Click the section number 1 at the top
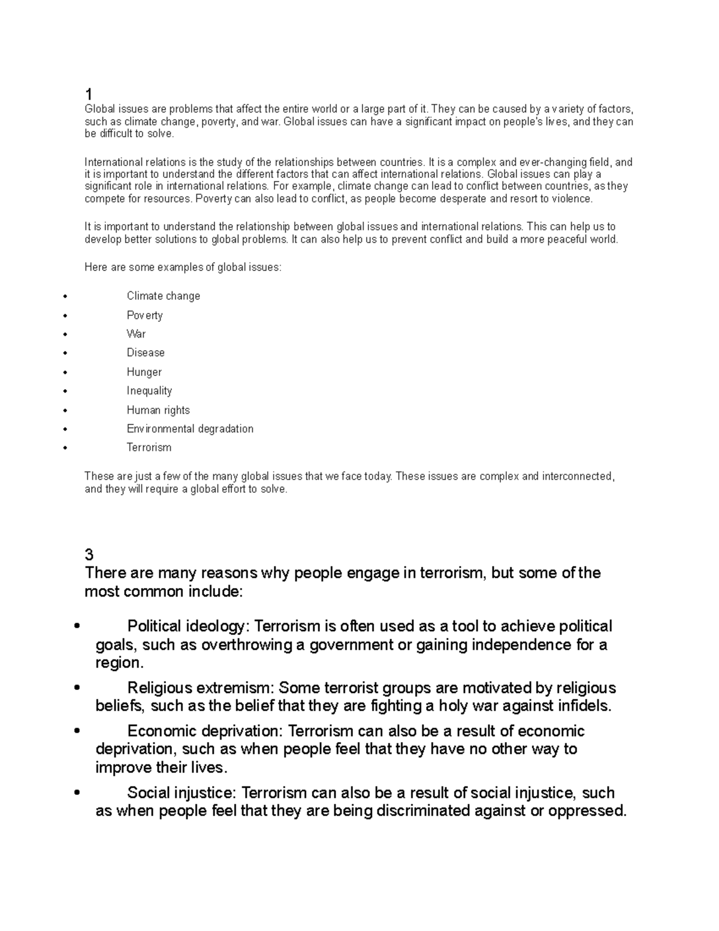89,94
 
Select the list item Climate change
163,296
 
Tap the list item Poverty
144,315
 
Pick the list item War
136,334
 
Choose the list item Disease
146,352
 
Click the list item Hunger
144,372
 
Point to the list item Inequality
149,391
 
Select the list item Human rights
158,410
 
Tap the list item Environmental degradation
190,429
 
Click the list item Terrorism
149,448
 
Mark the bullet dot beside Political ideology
76,627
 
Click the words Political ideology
186,626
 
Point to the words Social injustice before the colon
182,793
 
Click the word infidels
581,706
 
